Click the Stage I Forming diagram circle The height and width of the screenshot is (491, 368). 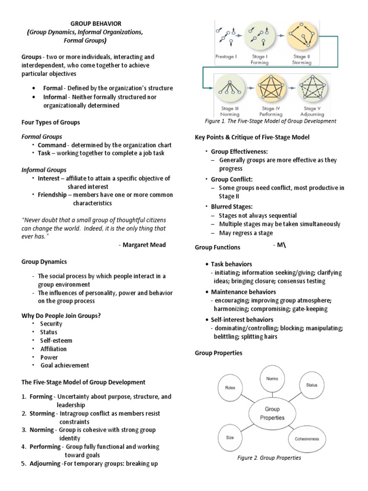click(x=260, y=37)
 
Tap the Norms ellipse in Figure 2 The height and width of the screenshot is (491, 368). click(x=272, y=378)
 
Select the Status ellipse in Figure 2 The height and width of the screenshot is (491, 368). click(x=311, y=385)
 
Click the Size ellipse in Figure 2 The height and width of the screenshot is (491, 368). click(x=230, y=437)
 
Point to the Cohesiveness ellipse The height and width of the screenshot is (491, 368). click(x=307, y=439)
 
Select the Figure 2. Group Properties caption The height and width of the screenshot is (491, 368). click(x=269, y=458)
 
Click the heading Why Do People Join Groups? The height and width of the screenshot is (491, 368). click(x=61, y=316)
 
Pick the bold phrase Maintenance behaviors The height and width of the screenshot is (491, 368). click(x=242, y=292)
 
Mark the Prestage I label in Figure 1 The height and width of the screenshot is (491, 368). click(x=225, y=57)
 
